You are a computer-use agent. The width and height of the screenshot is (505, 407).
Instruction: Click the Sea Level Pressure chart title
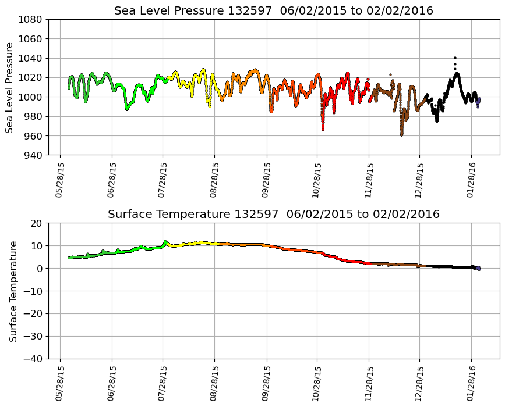point(273,11)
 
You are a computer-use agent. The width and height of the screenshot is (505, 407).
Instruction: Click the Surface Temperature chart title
point(273,215)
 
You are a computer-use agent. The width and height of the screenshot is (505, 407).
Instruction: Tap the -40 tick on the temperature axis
point(33,359)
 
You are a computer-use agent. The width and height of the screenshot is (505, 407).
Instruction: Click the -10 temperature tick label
point(33,291)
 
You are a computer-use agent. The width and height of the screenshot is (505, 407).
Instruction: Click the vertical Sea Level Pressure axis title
point(9,87)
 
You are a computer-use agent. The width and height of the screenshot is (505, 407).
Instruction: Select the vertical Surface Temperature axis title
point(13,291)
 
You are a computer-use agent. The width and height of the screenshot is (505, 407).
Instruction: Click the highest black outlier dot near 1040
point(455,58)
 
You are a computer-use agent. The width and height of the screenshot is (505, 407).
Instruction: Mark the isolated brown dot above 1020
point(390,74)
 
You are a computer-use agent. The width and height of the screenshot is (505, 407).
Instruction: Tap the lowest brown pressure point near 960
point(401,134)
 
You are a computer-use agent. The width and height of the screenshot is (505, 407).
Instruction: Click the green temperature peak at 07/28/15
point(165,241)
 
